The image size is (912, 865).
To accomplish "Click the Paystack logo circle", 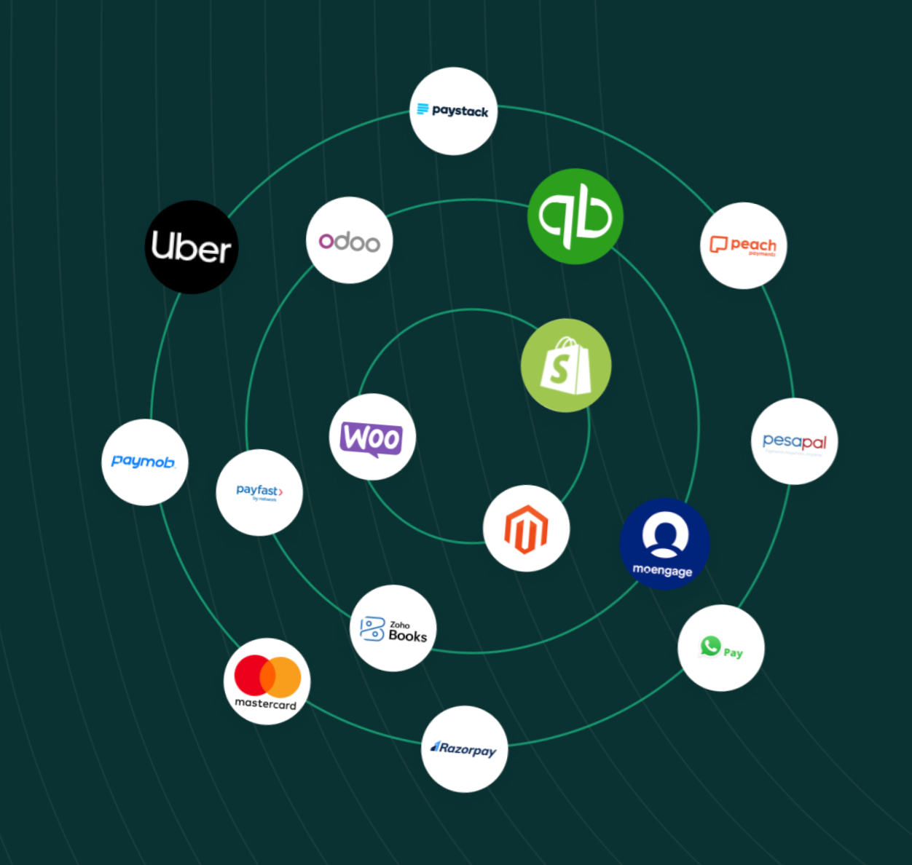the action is tap(453, 111).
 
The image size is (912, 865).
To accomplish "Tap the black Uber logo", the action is tap(192, 248).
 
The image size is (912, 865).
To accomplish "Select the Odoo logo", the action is tap(350, 240).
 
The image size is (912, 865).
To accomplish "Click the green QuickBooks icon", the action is tap(575, 216).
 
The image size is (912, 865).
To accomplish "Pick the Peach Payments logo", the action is tap(744, 246).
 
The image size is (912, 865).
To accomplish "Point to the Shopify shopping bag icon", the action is tap(566, 366).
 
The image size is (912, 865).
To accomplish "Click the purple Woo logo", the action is tap(372, 437).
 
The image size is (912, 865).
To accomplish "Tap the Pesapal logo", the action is tap(794, 441).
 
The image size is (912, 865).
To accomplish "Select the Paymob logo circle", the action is tap(144, 462).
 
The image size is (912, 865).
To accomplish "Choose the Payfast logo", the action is tap(259, 492).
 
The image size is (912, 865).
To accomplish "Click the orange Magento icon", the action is tap(526, 529).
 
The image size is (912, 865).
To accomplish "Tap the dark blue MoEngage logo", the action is tap(664, 544).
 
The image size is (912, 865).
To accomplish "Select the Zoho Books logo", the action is tap(393, 628).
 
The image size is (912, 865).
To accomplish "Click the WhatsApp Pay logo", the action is tap(721, 648).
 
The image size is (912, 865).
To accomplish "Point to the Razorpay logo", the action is tap(464, 749).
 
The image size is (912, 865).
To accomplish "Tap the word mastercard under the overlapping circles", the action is tap(265, 704).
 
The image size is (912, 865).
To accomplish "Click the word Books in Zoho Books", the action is tap(408, 636).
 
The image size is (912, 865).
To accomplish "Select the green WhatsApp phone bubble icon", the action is tap(710, 646).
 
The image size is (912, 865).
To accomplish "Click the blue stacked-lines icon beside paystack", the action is tap(422, 109).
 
